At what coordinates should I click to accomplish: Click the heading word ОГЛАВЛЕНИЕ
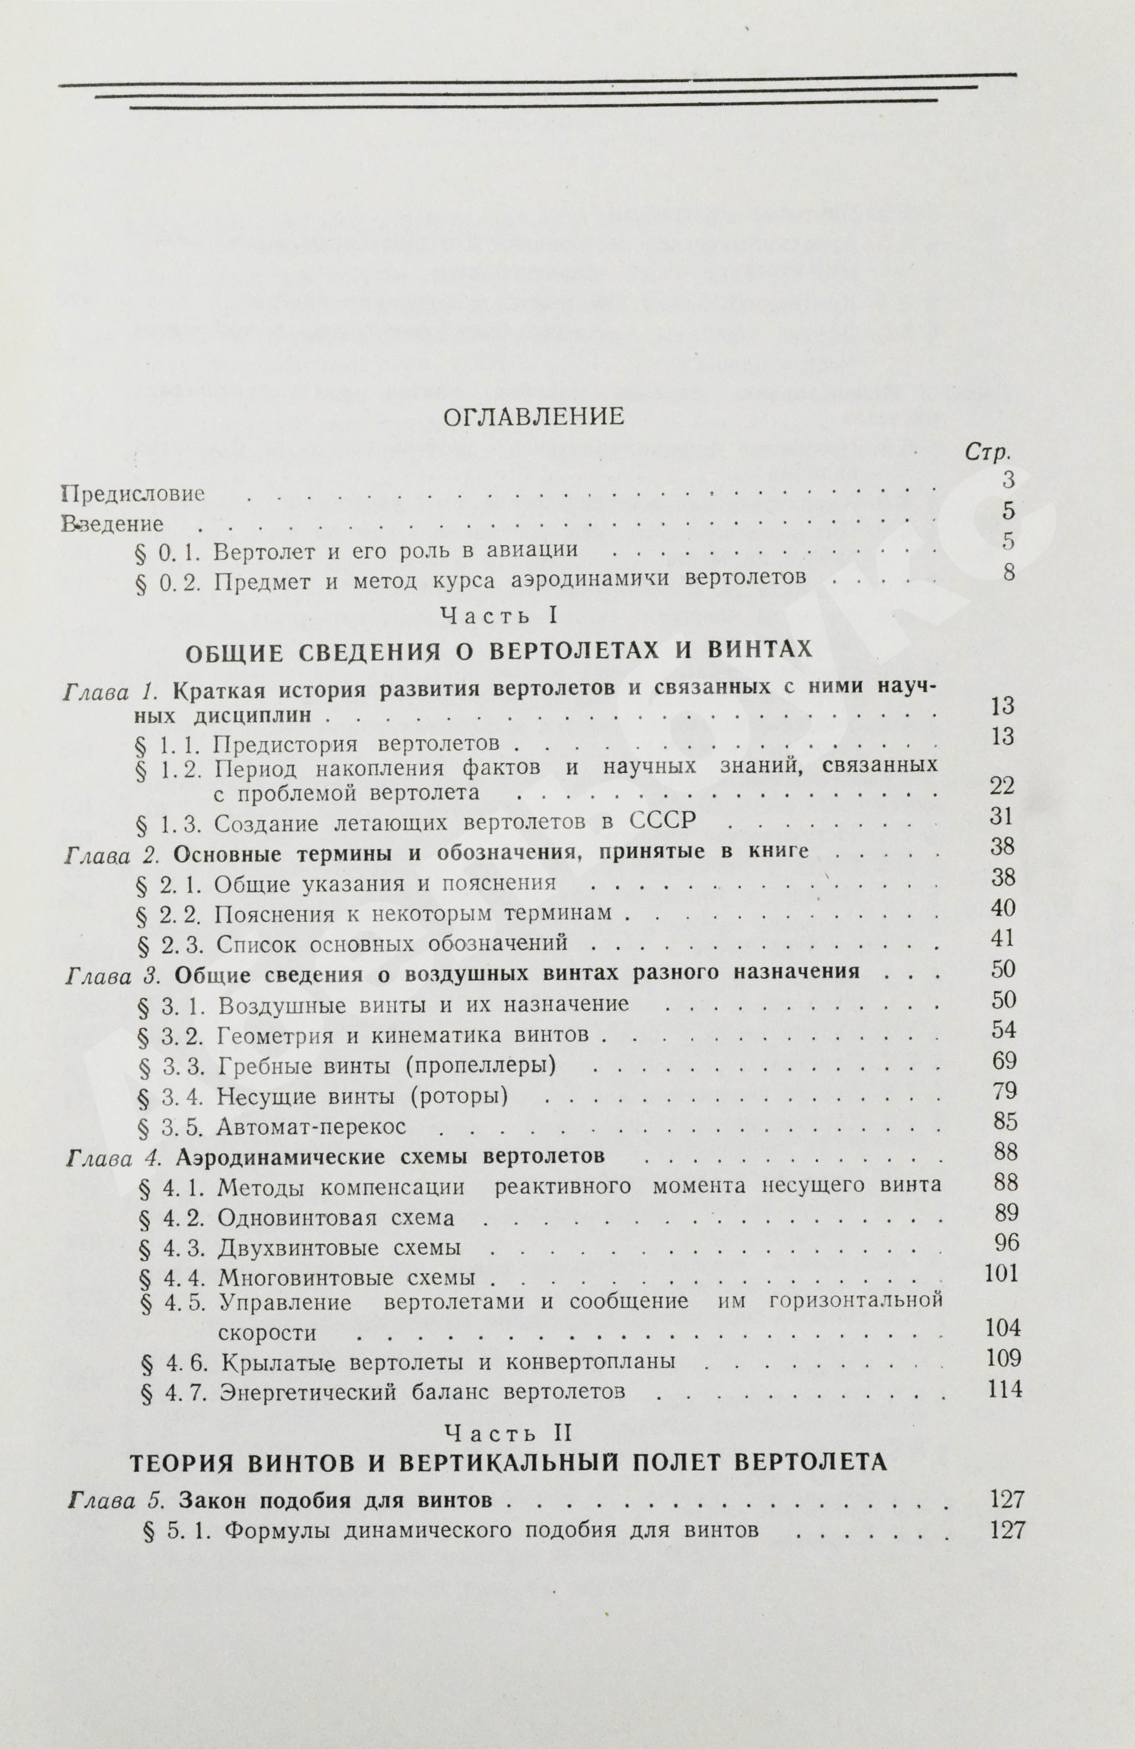click(x=533, y=417)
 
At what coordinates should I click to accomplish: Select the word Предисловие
click(x=132, y=494)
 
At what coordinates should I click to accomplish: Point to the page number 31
click(x=1001, y=817)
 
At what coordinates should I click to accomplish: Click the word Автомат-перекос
click(x=312, y=1126)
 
